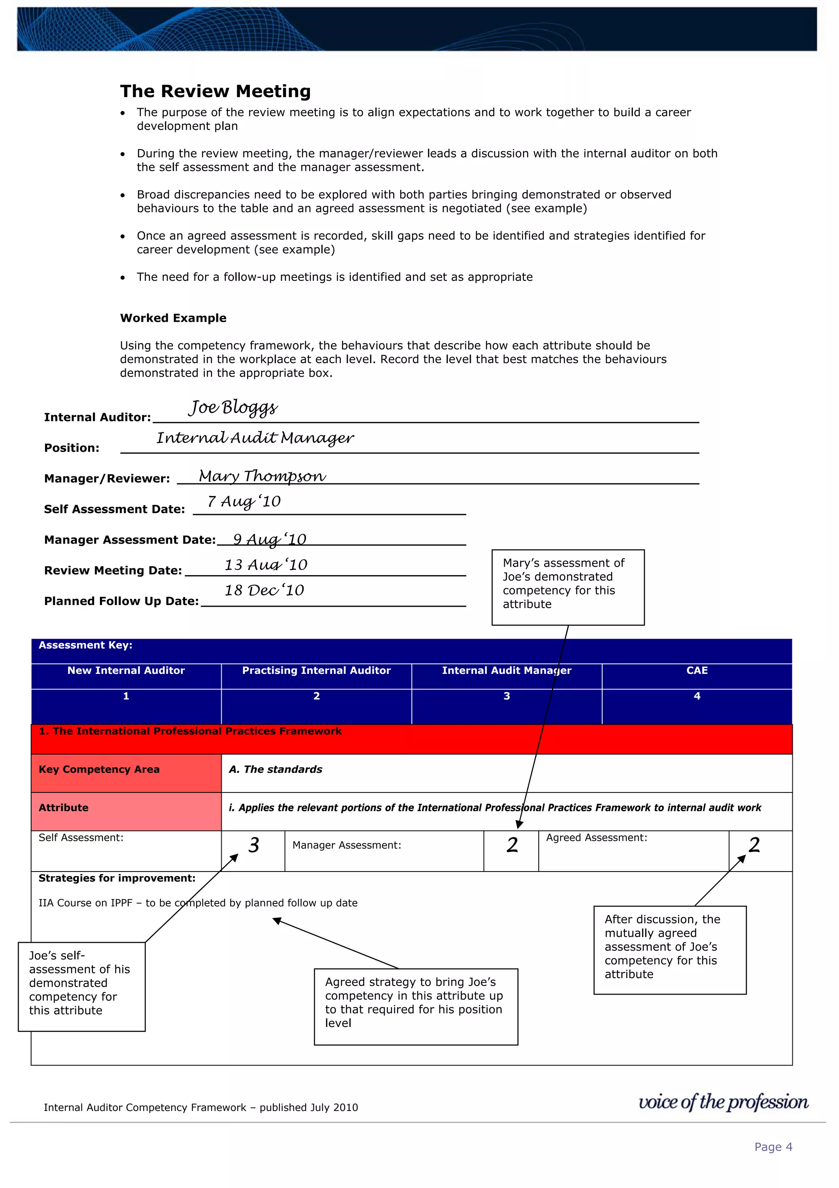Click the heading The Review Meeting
coord(215,91)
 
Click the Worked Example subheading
coord(173,318)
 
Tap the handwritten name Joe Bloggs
coord(233,408)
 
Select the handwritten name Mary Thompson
coord(262,476)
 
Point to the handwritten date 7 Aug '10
coord(244,501)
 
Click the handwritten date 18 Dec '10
coord(264,590)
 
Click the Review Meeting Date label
coord(113,570)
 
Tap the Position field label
coord(71,448)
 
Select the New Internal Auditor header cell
coord(126,671)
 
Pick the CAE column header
coord(696,671)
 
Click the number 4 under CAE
coord(696,696)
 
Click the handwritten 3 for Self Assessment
coord(253,845)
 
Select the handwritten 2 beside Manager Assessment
coord(512,845)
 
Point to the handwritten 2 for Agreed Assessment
coord(754,845)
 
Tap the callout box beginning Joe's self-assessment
coord(81,986)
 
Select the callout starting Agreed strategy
coord(416,1006)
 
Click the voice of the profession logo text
coord(723,1102)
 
